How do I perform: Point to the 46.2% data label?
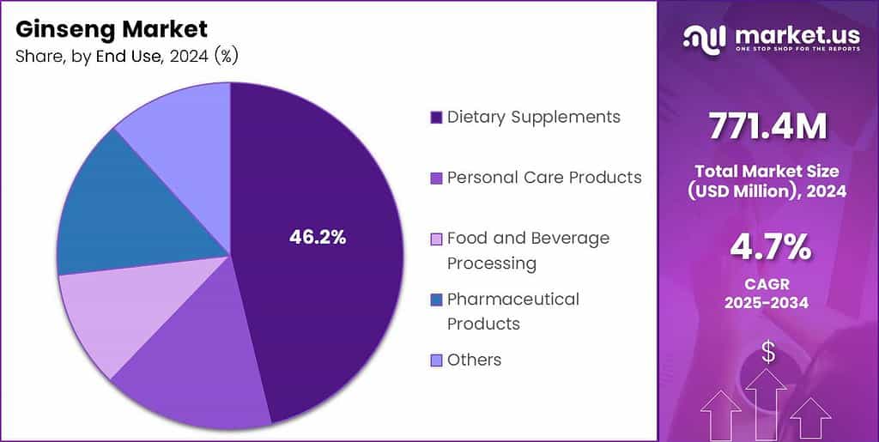coord(318,239)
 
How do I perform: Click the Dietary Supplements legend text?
coord(533,117)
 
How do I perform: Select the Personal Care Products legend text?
coord(544,178)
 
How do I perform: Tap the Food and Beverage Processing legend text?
coord(528,250)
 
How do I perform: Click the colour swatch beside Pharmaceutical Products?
coord(436,300)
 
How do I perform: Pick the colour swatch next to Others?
coord(436,360)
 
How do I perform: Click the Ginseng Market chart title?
coord(112,29)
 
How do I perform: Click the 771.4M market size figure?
coord(767,127)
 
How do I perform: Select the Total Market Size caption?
coord(767,181)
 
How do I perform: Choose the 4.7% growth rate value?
coord(767,247)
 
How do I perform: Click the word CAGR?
coord(767,285)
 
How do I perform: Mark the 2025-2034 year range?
coord(767,304)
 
